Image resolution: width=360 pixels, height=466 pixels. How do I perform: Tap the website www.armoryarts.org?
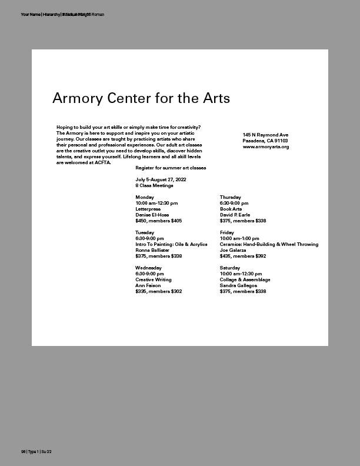click(x=266, y=147)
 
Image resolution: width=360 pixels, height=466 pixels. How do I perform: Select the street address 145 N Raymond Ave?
click(x=265, y=135)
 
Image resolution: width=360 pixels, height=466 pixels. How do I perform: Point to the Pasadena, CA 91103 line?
click(x=265, y=141)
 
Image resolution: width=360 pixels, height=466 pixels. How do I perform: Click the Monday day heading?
click(x=145, y=197)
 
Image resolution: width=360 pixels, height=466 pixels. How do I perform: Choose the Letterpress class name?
click(x=148, y=209)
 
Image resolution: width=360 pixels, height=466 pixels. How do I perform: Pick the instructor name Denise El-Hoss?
click(x=152, y=215)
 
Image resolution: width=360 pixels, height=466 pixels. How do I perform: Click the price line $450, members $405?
click(x=158, y=221)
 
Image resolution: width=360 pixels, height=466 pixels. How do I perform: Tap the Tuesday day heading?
click(x=145, y=232)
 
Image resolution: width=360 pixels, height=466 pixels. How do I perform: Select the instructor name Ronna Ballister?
click(x=152, y=250)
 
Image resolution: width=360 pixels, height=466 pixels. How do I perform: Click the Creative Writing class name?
click(x=153, y=279)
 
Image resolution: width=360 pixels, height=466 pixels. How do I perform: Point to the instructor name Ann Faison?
click(x=148, y=285)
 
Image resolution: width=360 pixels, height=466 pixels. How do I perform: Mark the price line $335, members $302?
click(x=158, y=291)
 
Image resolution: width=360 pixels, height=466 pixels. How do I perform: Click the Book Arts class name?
click(x=231, y=209)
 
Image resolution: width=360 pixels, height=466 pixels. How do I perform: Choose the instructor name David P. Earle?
click(x=235, y=215)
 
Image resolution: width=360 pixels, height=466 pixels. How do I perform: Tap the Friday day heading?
click(x=227, y=232)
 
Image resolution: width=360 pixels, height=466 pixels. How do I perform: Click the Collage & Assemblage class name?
click(x=245, y=279)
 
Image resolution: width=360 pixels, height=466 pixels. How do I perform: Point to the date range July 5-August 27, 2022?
click(x=161, y=179)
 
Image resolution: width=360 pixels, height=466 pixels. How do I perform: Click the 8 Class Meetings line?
click(x=154, y=185)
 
